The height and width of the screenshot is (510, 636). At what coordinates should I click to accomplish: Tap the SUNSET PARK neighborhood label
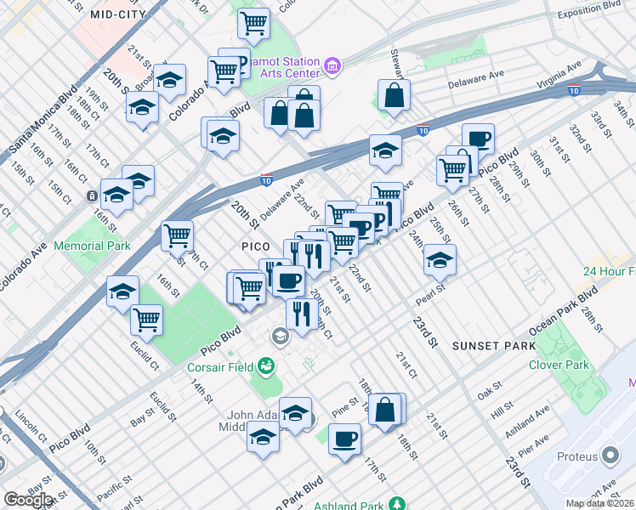point(493,346)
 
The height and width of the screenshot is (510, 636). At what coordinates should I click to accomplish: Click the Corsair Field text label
point(218,368)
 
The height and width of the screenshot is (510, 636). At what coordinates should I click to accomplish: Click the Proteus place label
point(577,456)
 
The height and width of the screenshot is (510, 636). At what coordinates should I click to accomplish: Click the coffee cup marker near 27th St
point(478,138)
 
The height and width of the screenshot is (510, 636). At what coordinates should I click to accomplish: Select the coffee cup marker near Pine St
point(344,438)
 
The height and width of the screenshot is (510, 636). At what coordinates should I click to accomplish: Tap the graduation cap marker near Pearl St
point(440,259)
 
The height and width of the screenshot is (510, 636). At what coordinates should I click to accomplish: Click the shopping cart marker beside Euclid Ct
point(146,319)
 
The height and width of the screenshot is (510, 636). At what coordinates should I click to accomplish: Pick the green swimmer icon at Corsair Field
point(267,366)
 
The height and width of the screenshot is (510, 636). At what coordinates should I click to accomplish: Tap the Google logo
point(27,500)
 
